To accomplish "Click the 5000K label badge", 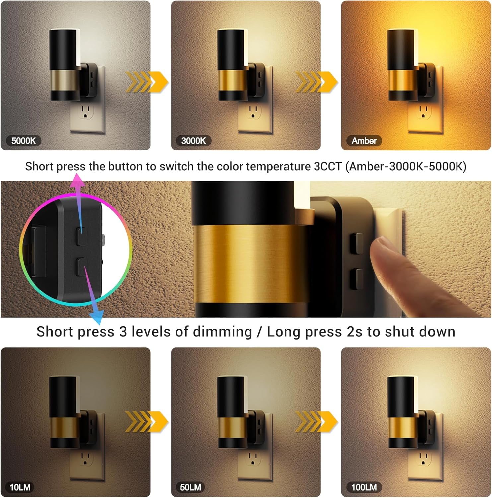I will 23,141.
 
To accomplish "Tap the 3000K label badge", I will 193,141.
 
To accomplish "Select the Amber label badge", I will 364,141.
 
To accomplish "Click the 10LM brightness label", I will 20,487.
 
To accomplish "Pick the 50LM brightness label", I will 190,487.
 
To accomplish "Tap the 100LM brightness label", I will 364,487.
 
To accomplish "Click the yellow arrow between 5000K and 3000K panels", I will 147,82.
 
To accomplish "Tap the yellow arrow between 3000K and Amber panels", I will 317,82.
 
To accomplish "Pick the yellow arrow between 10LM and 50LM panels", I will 147,422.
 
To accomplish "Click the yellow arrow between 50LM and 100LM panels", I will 317,422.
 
